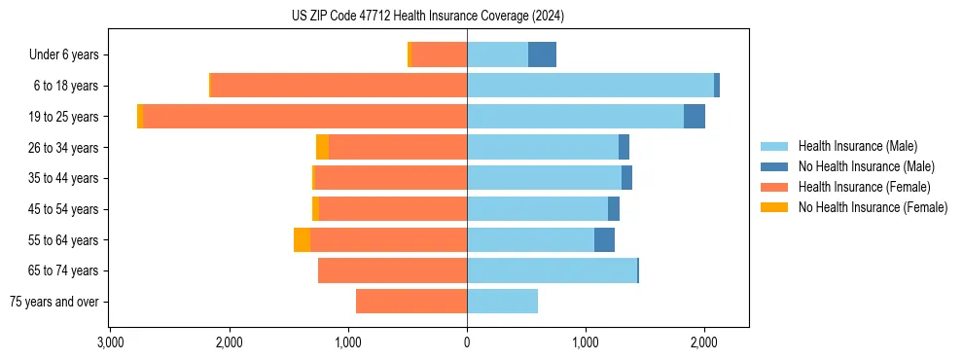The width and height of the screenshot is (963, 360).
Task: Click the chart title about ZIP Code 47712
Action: (427, 17)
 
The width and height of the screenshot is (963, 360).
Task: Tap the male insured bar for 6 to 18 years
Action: (590, 86)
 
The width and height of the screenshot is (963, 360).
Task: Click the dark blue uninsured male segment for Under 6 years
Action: (542, 54)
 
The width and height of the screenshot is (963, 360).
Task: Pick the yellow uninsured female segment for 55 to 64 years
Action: (302, 240)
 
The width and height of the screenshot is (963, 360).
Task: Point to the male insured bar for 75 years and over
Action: (502, 302)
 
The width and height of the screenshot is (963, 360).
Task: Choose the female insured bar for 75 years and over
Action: (411, 302)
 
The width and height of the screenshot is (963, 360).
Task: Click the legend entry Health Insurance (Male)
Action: (857, 146)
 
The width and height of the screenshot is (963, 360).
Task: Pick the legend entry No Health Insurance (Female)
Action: (873, 207)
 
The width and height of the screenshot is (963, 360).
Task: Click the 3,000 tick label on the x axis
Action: (110, 342)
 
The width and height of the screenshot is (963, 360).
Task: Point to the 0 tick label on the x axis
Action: (467, 342)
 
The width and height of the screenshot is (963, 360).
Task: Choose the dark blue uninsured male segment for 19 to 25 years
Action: (695, 117)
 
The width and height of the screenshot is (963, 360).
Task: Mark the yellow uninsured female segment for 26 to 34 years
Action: (322, 148)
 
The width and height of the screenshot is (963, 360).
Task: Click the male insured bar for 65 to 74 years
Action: (552, 270)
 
